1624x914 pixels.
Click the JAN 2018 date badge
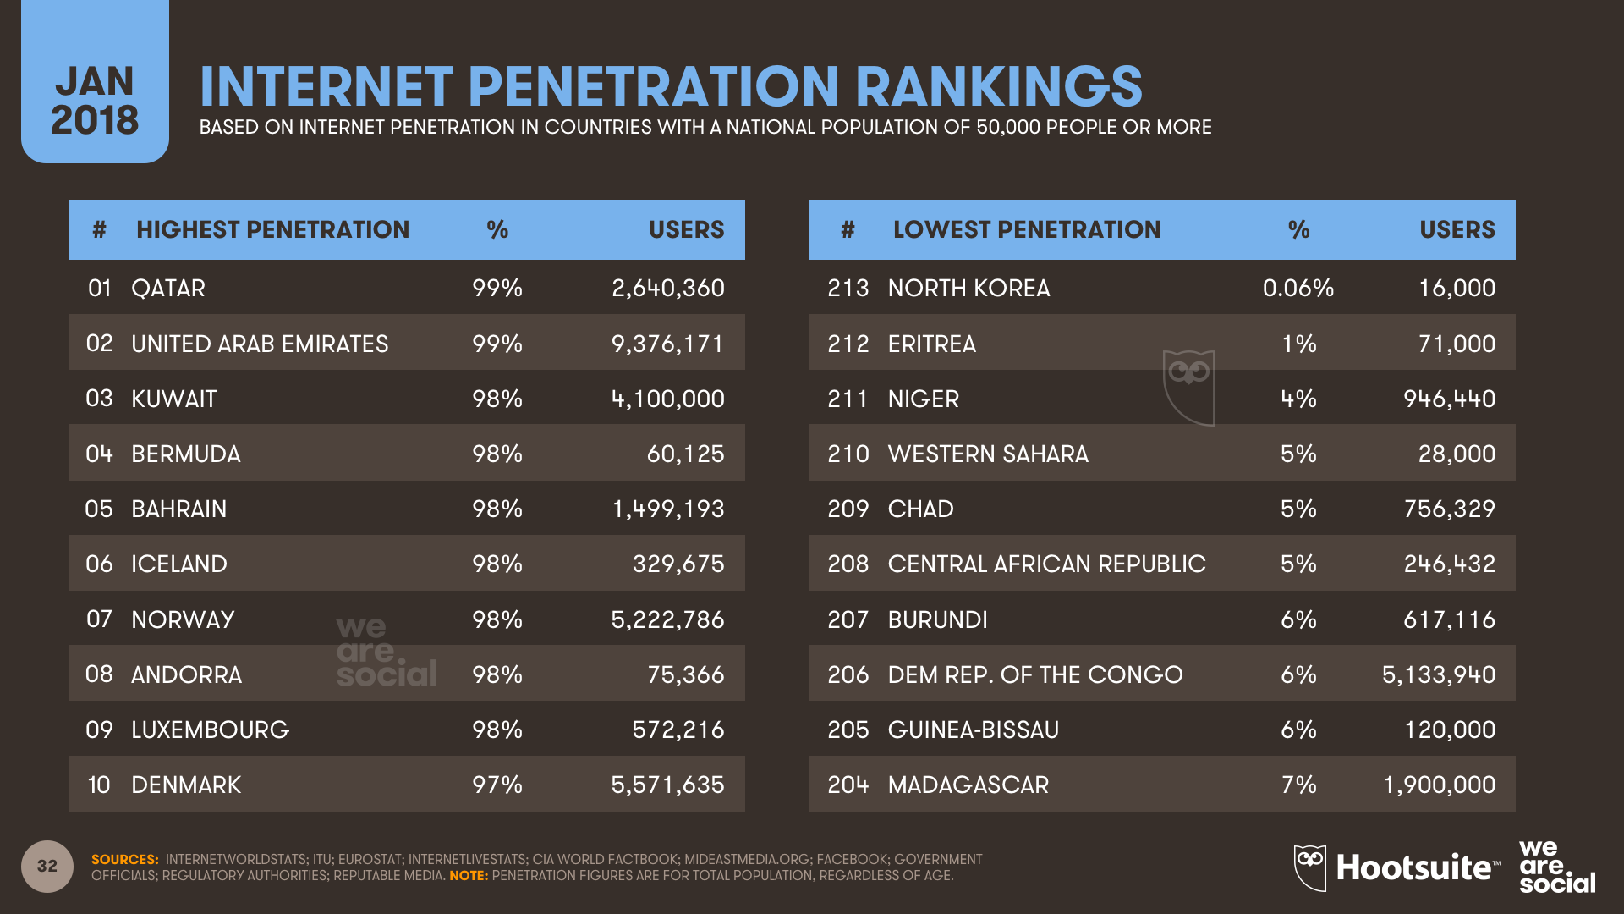click(x=95, y=100)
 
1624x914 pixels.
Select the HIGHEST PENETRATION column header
click(x=272, y=229)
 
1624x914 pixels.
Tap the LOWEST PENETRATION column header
click(x=1026, y=229)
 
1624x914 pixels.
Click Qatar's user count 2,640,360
click(x=667, y=288)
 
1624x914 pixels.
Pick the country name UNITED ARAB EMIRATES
click(x=260, y=344)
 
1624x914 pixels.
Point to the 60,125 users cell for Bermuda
click(x=685, y=454)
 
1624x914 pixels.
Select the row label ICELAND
click(x=179, y=564)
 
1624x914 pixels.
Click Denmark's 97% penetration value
click(x=497, y=785)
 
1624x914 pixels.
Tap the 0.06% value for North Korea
click(x=1298, y=288)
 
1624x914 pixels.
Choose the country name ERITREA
click(x=931, y=344)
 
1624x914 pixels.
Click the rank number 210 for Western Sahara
click(x=848, y=454)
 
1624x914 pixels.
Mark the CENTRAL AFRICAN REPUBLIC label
click(x=1046, y=564)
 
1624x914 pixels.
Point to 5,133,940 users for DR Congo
click(x=1438, y=674)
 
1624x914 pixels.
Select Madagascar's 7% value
click(x=1298, y=785)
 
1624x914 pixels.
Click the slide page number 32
click(x=47, y=866)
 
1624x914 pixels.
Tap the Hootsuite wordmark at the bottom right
click(x=1415, y=867)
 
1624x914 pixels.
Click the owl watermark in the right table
click(x=1188, y=386)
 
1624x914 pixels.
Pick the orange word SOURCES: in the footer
click(x=124, y=859)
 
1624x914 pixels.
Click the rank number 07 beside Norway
click(x=99, y=619)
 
